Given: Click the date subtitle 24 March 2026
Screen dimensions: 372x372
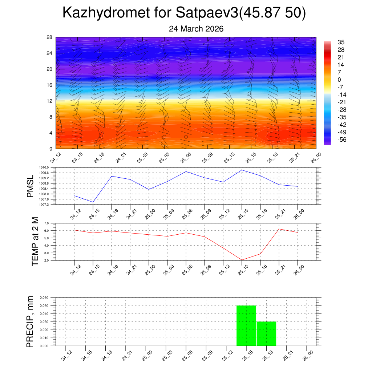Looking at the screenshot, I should pos(196,29).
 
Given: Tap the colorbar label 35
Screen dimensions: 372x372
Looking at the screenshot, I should pos(341,42).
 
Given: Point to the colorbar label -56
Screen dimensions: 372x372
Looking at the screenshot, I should pos(341,140).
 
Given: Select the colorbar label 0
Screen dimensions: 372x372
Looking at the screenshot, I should pos(339,80).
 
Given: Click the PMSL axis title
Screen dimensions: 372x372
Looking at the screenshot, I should pos(30,186).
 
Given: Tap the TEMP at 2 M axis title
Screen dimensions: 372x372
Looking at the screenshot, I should pos(35,242).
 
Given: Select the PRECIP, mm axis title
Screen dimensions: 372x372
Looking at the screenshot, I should pos(30,322).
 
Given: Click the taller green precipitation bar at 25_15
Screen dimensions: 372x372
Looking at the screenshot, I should pos(246,326).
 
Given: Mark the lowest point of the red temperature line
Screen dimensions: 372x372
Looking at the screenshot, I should pos(242,260).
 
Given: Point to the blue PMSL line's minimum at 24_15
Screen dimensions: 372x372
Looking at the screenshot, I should pos(93,202).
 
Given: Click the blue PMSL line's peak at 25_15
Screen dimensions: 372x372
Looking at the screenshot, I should pos(242,170).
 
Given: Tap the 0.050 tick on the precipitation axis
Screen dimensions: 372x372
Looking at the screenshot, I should pos(44,306).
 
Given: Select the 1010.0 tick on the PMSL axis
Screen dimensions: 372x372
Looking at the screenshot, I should pos(44,167).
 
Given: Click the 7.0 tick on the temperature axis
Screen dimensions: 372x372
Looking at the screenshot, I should pos(46,223).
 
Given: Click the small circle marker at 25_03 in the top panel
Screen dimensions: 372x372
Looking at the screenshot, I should pos(164,137).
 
